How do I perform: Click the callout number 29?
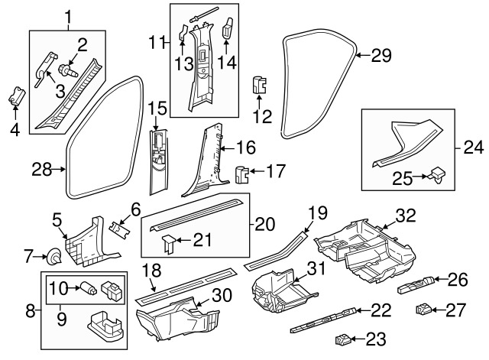(381, 54)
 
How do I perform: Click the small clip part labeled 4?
(17, 99)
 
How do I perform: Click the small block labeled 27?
(424, 310)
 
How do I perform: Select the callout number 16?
(244, 145)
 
